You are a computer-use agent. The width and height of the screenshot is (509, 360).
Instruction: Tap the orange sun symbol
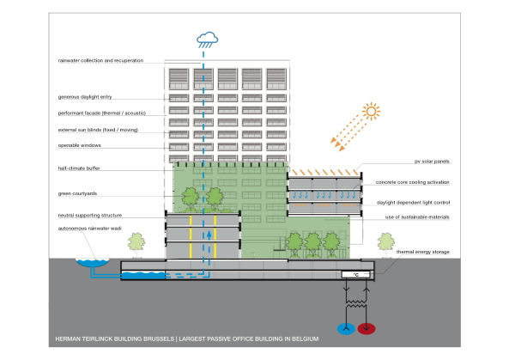[372, 110]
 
